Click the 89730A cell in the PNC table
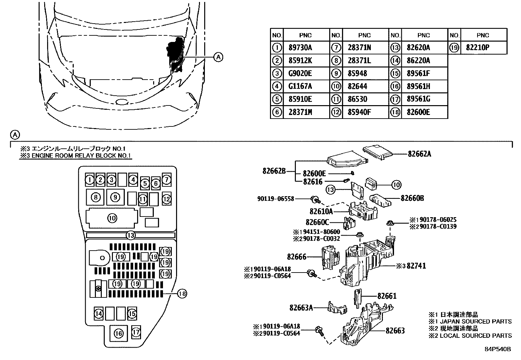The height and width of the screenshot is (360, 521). point(300,48)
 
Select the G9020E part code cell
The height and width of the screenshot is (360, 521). point(300,74)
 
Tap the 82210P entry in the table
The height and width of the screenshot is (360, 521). point(478,48)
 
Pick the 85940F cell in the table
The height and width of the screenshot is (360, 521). point(359,112)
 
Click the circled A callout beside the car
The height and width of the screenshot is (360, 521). point(218,57)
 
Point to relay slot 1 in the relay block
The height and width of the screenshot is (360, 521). point(90,180)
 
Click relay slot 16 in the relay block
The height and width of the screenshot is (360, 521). point(118,333)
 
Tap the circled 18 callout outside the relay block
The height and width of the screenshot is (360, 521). point(182,294)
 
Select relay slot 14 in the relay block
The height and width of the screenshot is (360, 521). point(99,313)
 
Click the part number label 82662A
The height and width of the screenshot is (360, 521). point(419,154)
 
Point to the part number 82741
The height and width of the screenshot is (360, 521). point(416,266)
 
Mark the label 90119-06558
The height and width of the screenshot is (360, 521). point(276,199)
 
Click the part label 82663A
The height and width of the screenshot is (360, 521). point(301,308)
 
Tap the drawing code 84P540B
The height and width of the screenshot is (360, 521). point(498,349)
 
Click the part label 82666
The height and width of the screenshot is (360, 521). point(296,257)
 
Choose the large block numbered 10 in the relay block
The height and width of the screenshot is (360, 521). point(112,218)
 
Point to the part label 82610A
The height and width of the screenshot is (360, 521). point(321,211)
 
